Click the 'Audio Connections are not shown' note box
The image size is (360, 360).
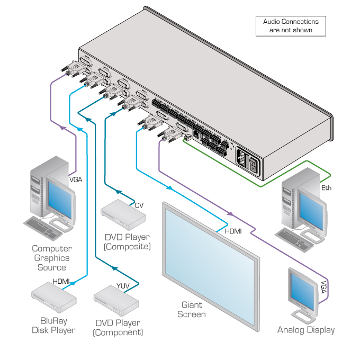point(291,26)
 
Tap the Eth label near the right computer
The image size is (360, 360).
point(327,188)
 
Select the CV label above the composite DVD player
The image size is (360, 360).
point(139,205)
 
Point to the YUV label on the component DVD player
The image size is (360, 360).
point(122,286)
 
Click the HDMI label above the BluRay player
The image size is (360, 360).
point(61,281)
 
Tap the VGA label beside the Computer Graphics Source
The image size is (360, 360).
point(76,179)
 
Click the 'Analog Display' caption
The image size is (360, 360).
point(306,330)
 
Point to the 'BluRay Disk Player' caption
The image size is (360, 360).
point(53,326)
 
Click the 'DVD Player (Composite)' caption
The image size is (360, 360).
point(127,241)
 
